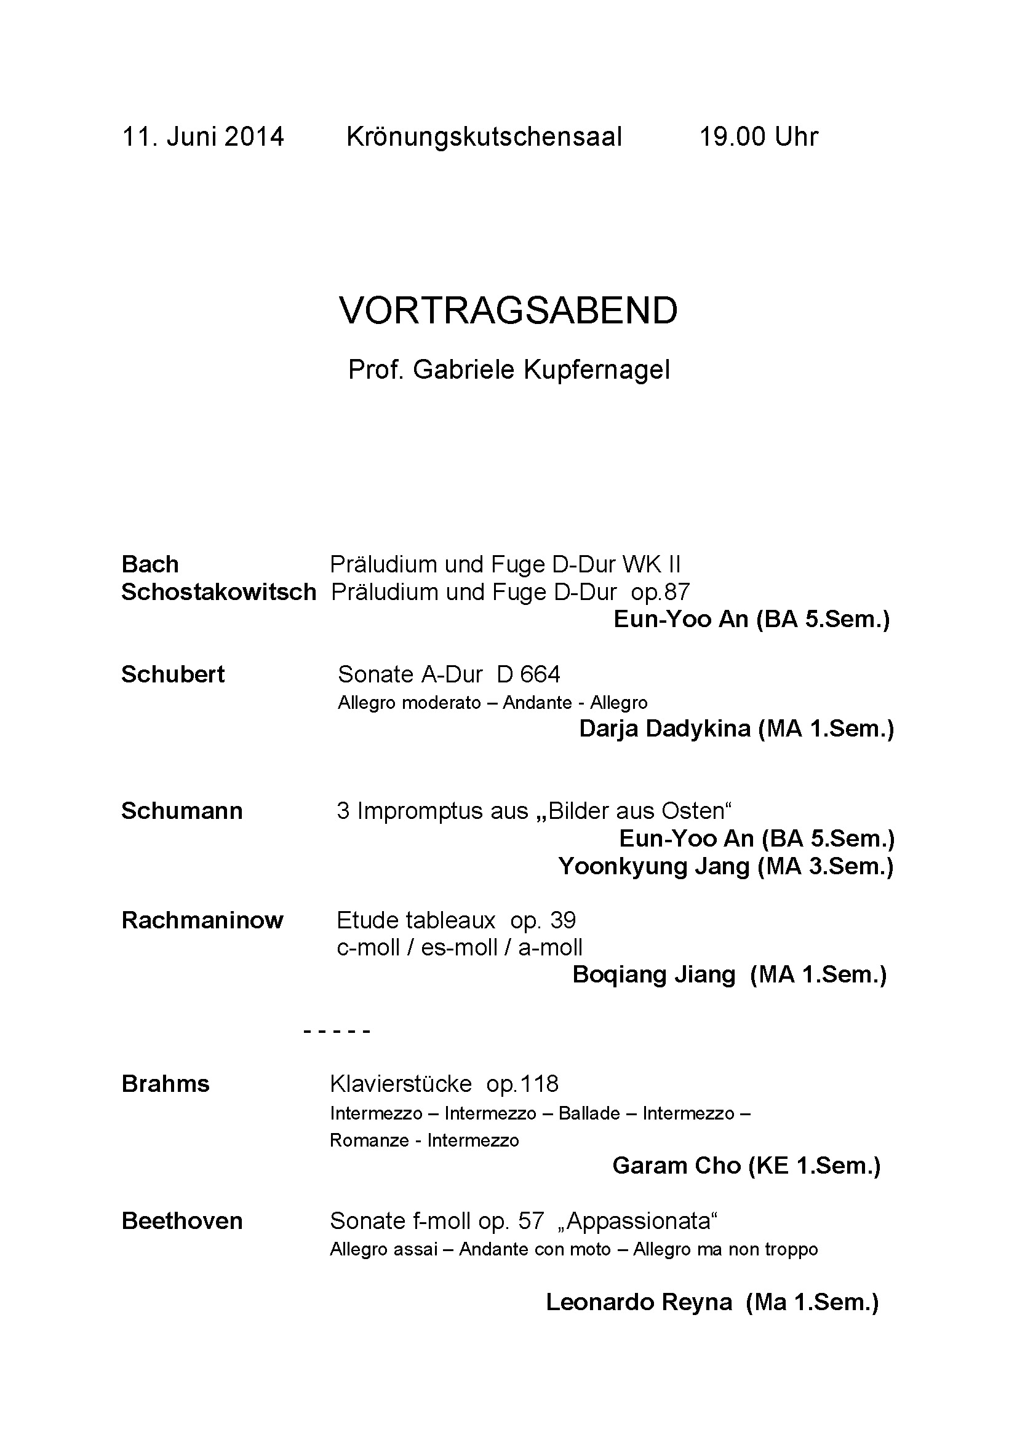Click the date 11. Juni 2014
202,137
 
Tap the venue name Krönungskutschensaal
484,137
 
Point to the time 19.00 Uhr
758,137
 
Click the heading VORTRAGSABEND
508,310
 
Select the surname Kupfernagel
597,369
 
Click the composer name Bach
150,564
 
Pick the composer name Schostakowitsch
218,592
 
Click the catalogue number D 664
528,674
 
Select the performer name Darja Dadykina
664,729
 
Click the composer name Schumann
181,811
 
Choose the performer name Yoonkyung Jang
653,866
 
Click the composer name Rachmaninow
202,920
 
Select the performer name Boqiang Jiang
653,974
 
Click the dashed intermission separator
337,1031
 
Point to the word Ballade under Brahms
589,1113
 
